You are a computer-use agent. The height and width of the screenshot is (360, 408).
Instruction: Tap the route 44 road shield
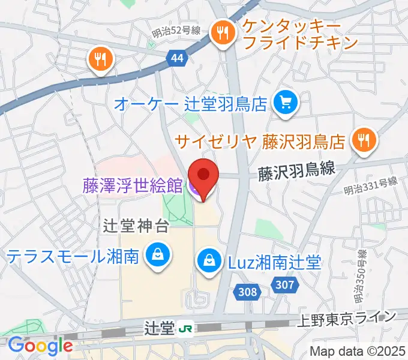(177, 58)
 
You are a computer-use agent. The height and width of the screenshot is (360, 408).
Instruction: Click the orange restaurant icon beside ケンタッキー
(223, 34)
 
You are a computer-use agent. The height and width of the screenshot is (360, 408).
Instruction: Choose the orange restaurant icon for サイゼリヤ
(363, 141)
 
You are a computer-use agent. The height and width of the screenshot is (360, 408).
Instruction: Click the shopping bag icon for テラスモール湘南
(158, 256)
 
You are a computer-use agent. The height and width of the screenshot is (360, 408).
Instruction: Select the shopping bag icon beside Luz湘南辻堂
(208, 262)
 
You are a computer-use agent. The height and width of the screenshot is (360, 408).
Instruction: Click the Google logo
(40, 345)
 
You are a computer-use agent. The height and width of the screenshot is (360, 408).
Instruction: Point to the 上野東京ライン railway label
(348, 317)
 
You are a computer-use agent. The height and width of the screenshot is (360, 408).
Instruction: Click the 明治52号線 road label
(176, 32)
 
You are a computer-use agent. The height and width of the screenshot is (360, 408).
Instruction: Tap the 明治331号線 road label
(371, 187)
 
